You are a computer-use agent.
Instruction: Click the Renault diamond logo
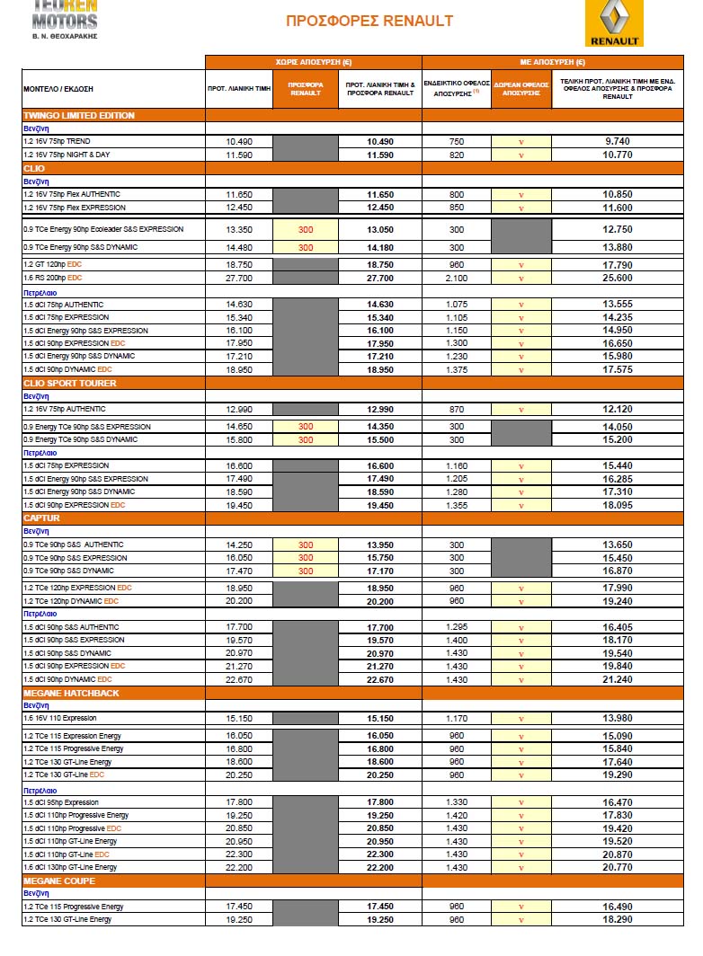point(614,18)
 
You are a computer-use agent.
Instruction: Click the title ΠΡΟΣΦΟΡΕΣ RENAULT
point(369,21)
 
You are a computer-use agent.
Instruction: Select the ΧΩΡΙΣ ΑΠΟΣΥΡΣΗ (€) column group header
point(313,62)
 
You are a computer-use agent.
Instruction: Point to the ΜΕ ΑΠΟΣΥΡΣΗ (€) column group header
point(553,62)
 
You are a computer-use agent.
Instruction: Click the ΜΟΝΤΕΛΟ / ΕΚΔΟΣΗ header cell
point(58,90)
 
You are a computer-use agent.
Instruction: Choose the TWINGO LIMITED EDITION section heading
point(79,116)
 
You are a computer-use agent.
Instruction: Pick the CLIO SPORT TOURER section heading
point(70,384)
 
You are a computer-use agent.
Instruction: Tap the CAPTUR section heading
point(42,518)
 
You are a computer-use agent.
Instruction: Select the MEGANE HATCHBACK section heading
point(71,693)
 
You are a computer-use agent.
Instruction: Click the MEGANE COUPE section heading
point(59,881)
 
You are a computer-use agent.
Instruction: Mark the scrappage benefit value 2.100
point(457,279)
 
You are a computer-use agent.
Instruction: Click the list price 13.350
point(239,229)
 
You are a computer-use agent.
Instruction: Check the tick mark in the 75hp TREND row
point(521,142)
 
